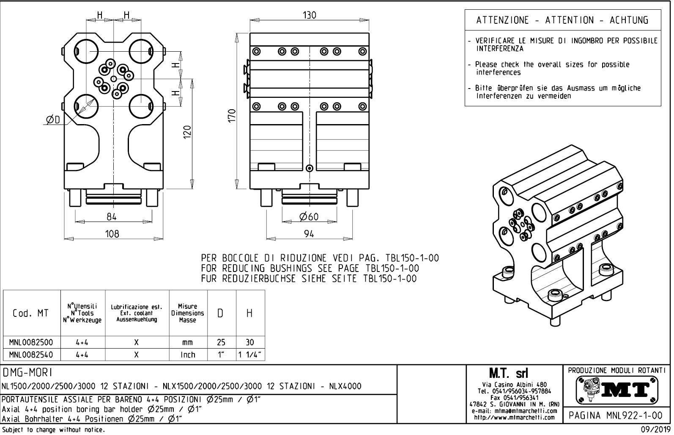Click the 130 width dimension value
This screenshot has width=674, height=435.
[310, 15]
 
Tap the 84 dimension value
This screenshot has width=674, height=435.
[112, 217]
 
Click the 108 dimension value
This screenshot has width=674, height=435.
[112, 234]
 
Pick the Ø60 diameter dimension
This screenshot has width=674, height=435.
[309, 217]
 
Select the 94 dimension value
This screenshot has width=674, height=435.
[309, 234]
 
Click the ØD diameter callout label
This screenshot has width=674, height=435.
[53, 121]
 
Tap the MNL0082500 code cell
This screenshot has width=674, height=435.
[31, 342]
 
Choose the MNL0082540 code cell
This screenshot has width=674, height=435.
[31, 355]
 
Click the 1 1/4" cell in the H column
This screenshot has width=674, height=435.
[250, 355]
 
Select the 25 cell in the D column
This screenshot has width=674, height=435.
[221, 342]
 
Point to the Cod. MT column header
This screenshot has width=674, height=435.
[31, 313]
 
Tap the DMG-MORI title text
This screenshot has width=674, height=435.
[27, 372]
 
